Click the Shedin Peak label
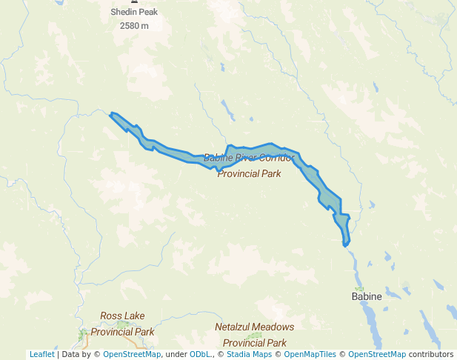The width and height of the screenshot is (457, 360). point(134,12)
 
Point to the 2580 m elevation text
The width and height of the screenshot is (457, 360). point(134,26)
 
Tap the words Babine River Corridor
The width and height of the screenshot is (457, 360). point(249,158)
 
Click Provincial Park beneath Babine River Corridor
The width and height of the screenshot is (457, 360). point(249,173)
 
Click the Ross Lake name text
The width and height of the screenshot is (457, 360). point(122,316)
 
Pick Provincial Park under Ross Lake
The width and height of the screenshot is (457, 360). point(122,332)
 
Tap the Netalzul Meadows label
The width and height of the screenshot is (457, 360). point(254,327)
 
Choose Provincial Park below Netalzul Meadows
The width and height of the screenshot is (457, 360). point(254,343)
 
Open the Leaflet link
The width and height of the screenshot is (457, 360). point(41,354)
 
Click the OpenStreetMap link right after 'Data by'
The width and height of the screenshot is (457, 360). point(132,354)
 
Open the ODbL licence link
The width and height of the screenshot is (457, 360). point(199,354)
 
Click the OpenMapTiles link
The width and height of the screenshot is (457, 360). point(310,354)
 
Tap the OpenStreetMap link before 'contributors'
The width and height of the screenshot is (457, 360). point(377,354)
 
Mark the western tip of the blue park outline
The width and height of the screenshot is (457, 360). point(110,114)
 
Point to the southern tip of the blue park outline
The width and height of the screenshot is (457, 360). point(345,244)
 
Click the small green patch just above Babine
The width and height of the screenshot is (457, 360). point(360,288)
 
